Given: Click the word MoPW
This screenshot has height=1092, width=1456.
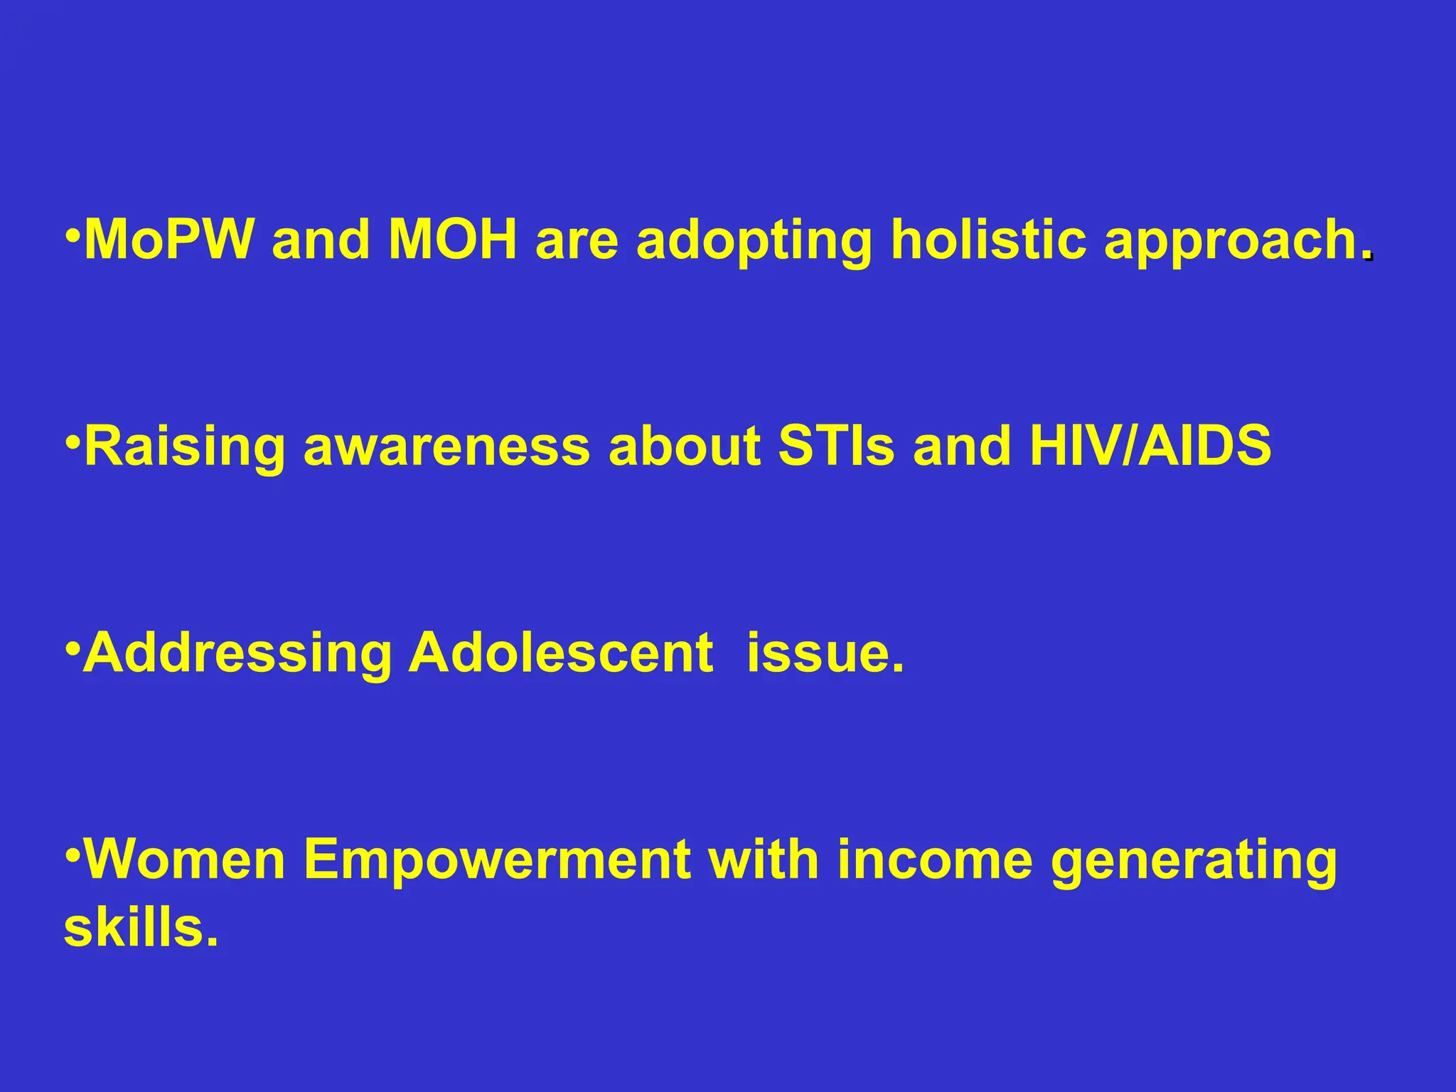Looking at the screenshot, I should (x=168, y=240).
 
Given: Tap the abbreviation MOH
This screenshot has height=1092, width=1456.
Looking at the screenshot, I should (x=452, y=240).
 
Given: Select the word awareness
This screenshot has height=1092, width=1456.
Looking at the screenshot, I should (x=446, y=446).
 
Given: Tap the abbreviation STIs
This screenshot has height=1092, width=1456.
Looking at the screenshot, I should (x=836, y=446).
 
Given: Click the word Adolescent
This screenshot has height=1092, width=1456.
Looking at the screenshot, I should (x=560, y=653).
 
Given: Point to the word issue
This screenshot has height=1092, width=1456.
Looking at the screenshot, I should (x=825, y=653).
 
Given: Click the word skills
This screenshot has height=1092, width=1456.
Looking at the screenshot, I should (x=140, y=928).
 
